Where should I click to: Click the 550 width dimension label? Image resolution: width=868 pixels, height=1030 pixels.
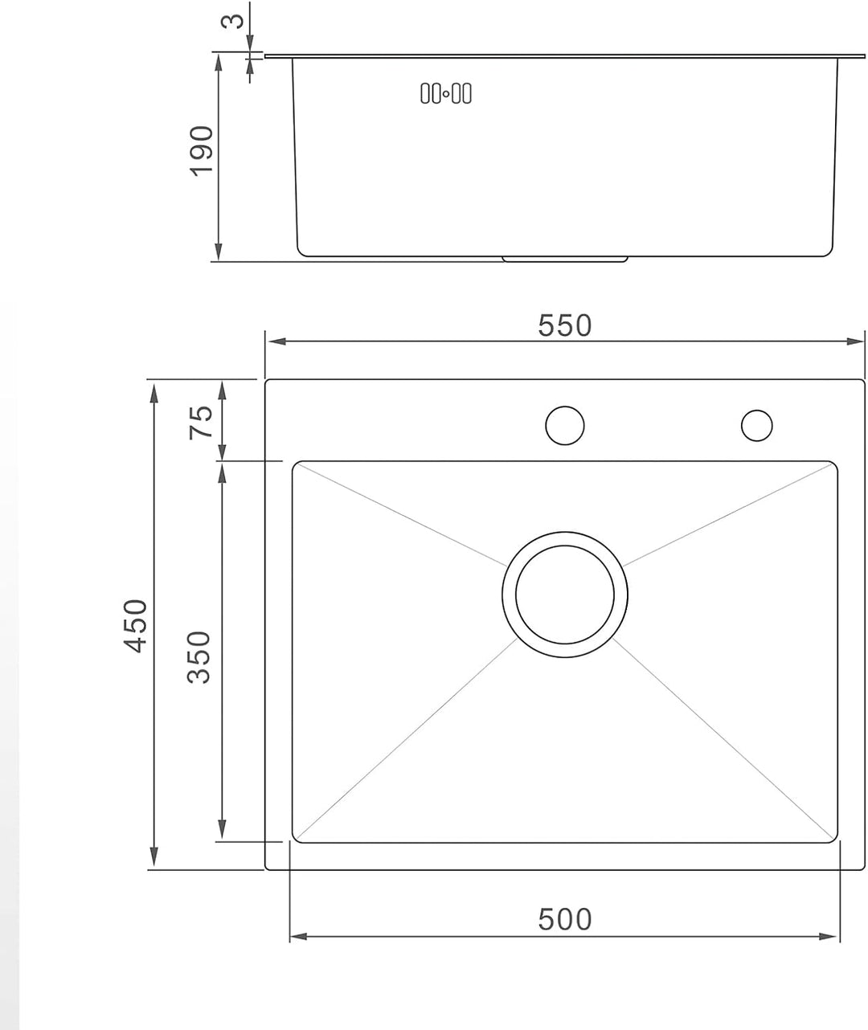[564, 325]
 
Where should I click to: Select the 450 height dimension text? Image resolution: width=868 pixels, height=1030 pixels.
[135, 626]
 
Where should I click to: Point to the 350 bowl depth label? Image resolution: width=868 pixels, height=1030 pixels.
[199, 657]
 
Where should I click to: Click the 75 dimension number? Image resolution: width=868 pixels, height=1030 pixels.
[201, 423]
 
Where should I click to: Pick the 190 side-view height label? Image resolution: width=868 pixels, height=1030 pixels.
[202, 151]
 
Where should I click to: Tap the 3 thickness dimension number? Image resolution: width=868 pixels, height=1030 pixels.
[232, 21]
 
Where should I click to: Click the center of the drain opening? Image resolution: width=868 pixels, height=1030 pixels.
[564, 595]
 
